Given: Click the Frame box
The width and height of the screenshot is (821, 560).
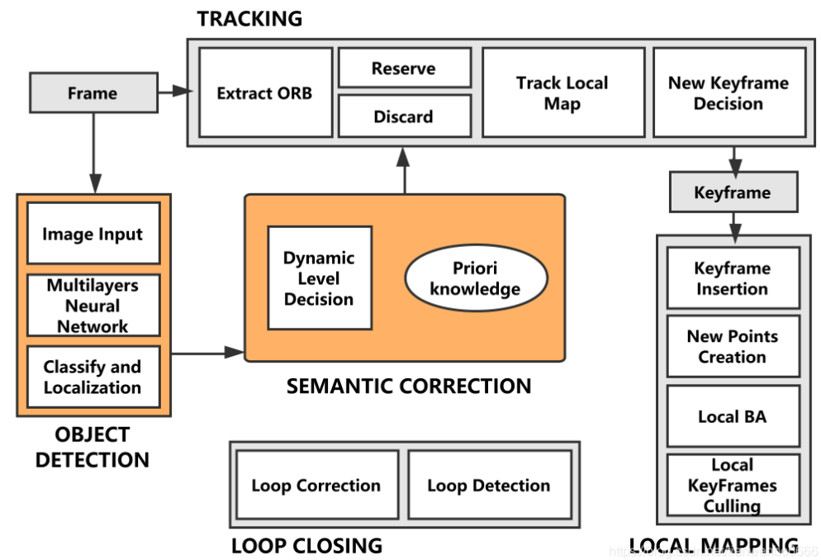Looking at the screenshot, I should click(93, 93).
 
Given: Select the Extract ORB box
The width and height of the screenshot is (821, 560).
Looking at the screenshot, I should click(265, 93).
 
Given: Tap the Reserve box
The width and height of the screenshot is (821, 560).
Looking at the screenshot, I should click(404, 68).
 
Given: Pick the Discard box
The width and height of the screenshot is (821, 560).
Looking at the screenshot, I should click(404, 116).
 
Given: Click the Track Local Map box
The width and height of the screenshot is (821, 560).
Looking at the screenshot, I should click(562, 93).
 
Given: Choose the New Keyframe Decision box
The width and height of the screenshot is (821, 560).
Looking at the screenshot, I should click(728, 93).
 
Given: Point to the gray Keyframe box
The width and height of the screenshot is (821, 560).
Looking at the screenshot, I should click(733, 193).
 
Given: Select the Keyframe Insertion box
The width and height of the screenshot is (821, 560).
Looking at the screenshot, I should click(733, 278).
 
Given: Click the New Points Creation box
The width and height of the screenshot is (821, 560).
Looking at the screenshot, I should click(733, 346).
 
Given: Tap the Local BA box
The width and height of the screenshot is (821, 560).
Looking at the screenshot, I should click(733, 416).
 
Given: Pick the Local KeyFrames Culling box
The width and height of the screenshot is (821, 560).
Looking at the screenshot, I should click(733, 485).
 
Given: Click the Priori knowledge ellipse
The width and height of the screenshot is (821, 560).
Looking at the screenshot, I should click(476, 279).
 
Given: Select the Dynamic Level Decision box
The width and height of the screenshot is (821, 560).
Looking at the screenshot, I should click(319, 278).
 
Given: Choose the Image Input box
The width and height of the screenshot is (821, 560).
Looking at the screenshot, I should click(93, 234).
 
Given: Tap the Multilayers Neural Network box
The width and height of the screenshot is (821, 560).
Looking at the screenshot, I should click(93, 306).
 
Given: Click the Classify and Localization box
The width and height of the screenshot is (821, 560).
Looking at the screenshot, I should click(93, 377).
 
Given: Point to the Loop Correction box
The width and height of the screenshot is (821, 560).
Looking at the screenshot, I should click(316, 486).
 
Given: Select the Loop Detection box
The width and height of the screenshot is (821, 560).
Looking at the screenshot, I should click(489, 486).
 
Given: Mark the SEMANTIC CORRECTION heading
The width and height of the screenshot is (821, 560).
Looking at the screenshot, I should click(409, 386).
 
